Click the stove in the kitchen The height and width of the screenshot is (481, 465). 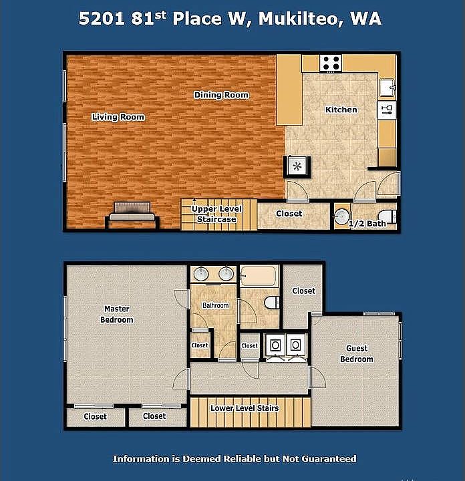click(331, 63)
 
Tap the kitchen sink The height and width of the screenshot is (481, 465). click(387, 88)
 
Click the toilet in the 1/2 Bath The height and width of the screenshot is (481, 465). click(387, 216)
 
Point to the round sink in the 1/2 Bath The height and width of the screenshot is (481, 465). click(341, 216)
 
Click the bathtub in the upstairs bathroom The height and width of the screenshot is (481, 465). click(259, 276)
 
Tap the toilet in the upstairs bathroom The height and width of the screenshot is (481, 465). click(271, 303)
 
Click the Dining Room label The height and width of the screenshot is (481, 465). click(221, 95)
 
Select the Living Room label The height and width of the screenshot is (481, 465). click(118, 117)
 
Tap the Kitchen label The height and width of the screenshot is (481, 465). click(341, 110)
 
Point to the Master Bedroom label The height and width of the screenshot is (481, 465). click(117, 314)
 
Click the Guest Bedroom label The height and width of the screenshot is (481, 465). click(357, 353)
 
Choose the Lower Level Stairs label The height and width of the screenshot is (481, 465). click(245, 408)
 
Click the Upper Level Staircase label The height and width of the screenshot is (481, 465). click(216, 214)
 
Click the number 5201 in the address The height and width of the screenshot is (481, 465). click(102, 19)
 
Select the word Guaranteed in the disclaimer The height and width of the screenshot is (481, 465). click(329, 459)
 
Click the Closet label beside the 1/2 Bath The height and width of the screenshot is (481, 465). click(289, 214)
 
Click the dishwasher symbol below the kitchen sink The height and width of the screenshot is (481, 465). click(387, 110)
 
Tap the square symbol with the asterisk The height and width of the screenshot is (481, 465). click(297, 166)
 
